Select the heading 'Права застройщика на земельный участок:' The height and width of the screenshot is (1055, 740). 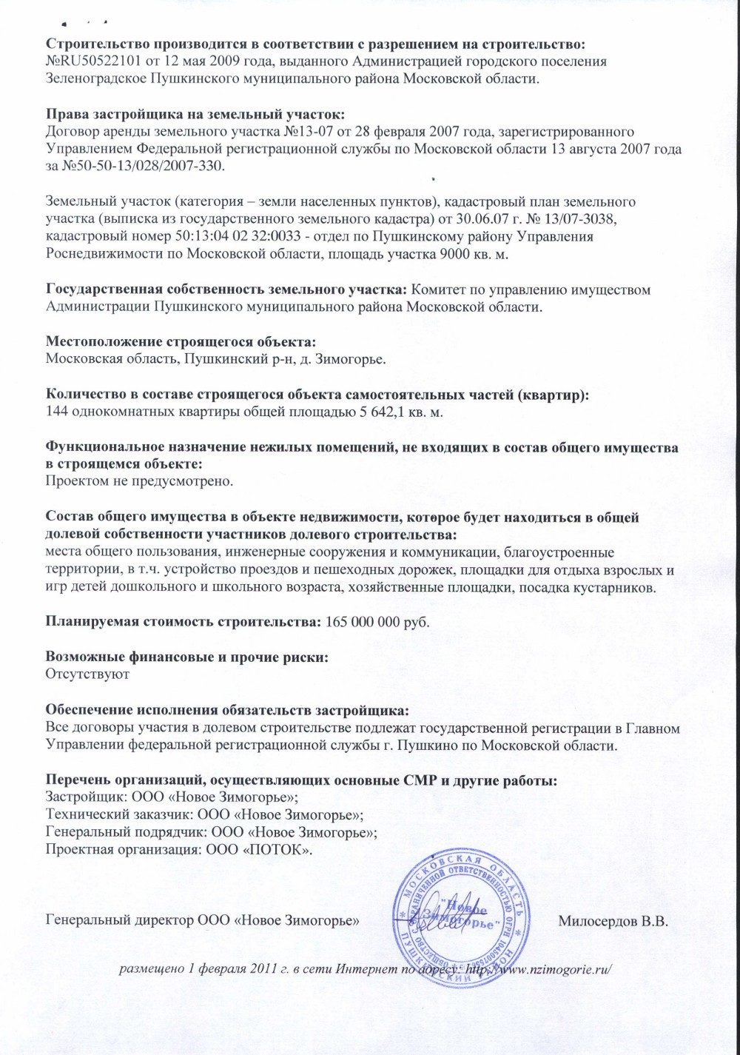pos(195,114)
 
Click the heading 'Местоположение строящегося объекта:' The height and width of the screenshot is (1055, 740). pos(181,341)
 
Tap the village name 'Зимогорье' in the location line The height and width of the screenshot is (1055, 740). pos(352,359)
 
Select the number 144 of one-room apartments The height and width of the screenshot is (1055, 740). pos(56,412)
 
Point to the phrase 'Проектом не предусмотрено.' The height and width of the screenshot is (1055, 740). pos(139,482)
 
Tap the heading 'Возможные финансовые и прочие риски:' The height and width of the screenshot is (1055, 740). pos(187,657)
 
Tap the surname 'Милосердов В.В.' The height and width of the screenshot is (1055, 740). pos(613,921)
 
